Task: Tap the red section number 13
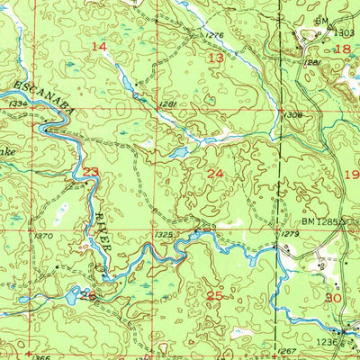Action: click(x=216, y=58)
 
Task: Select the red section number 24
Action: click(x=215, y=173)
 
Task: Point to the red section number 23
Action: click(x=91, y=171)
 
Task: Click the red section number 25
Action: click(x=214, y=295)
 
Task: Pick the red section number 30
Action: click(x=332, y=297)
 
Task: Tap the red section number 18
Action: click(x=342, y=49)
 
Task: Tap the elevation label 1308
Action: click(x=292, y=115)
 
